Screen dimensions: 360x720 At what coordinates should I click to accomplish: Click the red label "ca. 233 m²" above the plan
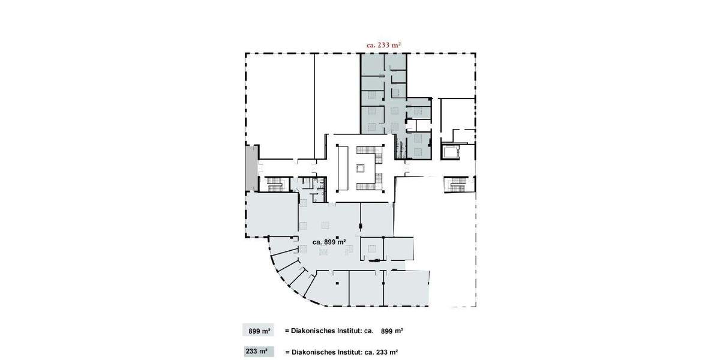coord(383,44)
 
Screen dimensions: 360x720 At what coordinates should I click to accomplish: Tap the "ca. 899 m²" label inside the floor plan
coord(329,242)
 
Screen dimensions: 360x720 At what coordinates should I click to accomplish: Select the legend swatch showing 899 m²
coord(258,331)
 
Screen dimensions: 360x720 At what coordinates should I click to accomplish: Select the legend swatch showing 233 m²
coord(258,352)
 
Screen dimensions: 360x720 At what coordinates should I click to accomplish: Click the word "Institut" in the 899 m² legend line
coord(347,331)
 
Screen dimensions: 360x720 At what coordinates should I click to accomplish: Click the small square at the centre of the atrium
coord(361,169)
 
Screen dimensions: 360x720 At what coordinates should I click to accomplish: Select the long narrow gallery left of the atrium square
coord(344,168)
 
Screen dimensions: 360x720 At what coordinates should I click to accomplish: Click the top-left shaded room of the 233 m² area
coord(373,65)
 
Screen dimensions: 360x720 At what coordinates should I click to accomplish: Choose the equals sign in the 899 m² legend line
coord(287,331)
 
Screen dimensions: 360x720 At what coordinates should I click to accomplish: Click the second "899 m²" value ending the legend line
coord(392,331)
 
